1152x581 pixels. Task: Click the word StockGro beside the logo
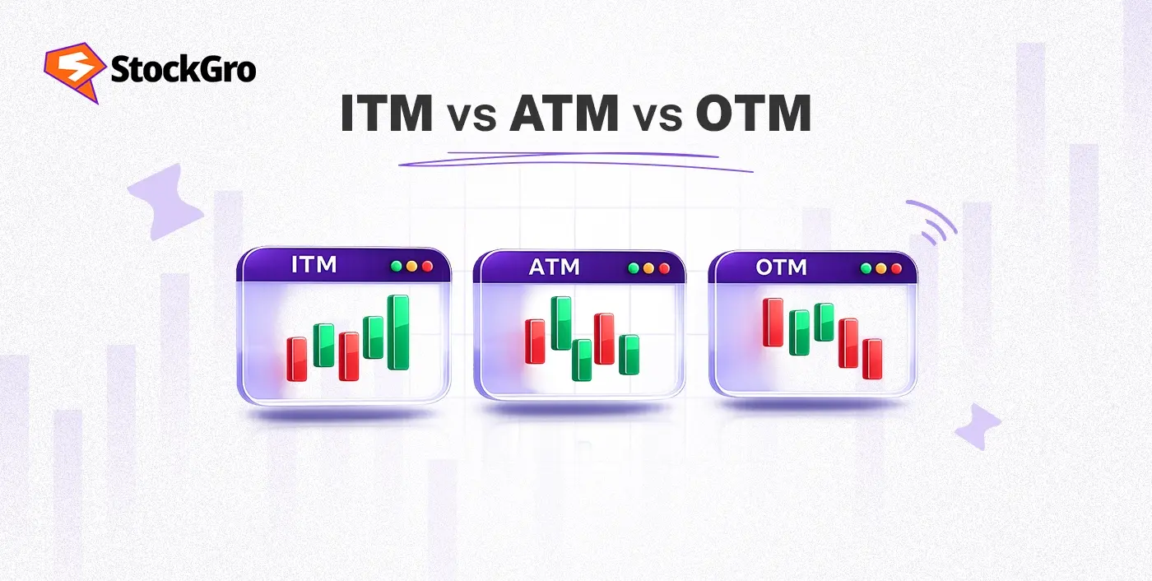point(183,69)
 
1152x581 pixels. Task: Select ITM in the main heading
point(387,113)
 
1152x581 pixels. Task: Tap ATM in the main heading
point(564,113)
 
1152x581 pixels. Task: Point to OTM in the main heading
point(754,113)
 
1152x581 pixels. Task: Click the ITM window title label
point(314,265)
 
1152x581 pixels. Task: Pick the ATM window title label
point(555,267)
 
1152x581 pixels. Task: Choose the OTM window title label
point(781,267)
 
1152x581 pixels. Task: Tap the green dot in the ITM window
point(397,266)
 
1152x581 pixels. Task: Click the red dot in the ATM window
point(665,268)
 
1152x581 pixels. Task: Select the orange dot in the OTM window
point(881,268)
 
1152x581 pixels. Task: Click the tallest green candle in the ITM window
point(398,332)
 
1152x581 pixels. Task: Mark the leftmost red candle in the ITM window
point(297,359)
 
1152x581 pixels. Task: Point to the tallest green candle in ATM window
point(561,323)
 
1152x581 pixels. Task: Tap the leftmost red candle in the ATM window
point(535,342)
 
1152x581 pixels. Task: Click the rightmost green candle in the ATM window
point(629,355)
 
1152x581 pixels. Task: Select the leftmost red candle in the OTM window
point(773,323)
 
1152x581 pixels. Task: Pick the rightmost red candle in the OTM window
point(872,359)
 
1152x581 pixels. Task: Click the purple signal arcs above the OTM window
point(932,221)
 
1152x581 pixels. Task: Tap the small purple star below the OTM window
point(978,426)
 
